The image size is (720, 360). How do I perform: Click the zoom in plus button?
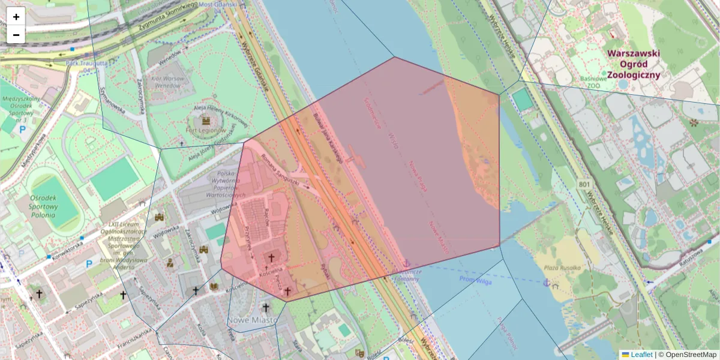point(16,17)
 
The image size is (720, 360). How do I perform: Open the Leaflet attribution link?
point(641,355)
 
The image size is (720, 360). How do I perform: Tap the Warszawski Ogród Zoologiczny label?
point(633,64)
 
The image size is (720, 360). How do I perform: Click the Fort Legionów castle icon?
point(206,119)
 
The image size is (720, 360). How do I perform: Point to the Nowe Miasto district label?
point(252,320)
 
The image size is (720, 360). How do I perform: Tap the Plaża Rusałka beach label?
point(562,268)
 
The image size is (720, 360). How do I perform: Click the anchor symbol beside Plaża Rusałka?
point(546,282)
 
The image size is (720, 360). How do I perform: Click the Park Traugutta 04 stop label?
point(86,66)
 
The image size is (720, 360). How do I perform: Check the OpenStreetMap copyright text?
point(691,355)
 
